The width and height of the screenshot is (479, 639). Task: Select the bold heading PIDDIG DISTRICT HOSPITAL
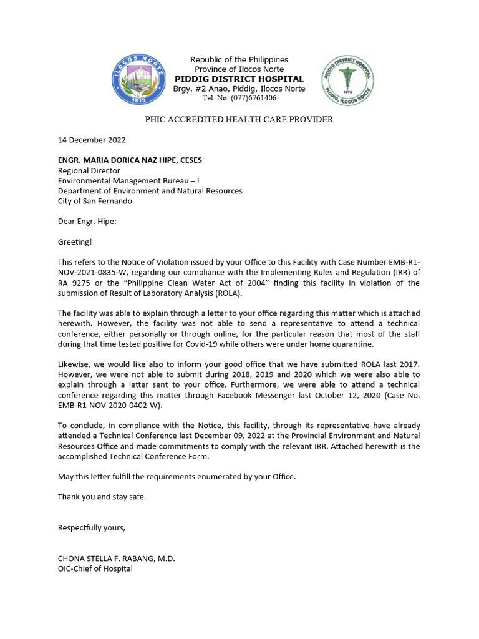coord(239,79)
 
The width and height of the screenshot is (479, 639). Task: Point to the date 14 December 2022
coord(92,140)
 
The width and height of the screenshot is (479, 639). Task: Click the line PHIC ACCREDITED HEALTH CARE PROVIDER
coord(239,119)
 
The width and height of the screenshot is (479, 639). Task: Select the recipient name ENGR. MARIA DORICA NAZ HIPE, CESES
coord(130,160)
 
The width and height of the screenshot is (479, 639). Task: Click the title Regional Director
coord(89,170)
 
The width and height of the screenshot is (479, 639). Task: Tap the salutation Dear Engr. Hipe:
coord(87,221)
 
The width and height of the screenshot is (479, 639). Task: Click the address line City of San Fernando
coord(95,201)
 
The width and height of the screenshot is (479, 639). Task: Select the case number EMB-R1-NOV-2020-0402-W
coord(109,404)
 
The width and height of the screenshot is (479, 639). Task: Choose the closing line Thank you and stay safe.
coord(102,497)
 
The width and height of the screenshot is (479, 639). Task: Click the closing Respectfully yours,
coord(91,528)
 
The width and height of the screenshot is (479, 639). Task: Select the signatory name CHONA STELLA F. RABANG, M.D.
coord(117,559)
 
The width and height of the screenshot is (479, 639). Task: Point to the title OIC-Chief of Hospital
coord(95,569)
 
